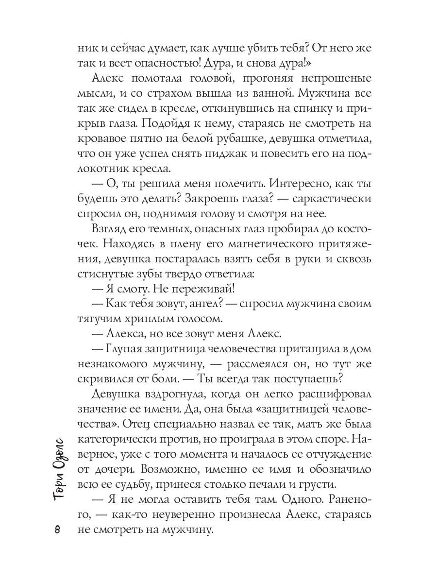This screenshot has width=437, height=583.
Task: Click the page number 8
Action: [57, 530]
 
